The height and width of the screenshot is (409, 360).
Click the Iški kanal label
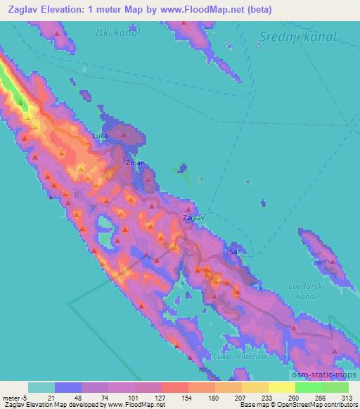[x=117, y=32]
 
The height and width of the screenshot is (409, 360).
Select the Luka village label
[x=102, y=136]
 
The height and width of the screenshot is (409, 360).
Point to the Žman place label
[x=135, y=163]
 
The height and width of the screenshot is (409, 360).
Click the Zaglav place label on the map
[x=193, y=219]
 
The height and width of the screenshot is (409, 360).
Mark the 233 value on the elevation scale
[x=257, y=398]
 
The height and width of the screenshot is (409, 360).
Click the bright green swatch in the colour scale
[x=308, y=387]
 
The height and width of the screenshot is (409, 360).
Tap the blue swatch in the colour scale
[x=68, y=387]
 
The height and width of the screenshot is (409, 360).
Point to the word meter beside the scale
[x=11, y=398]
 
